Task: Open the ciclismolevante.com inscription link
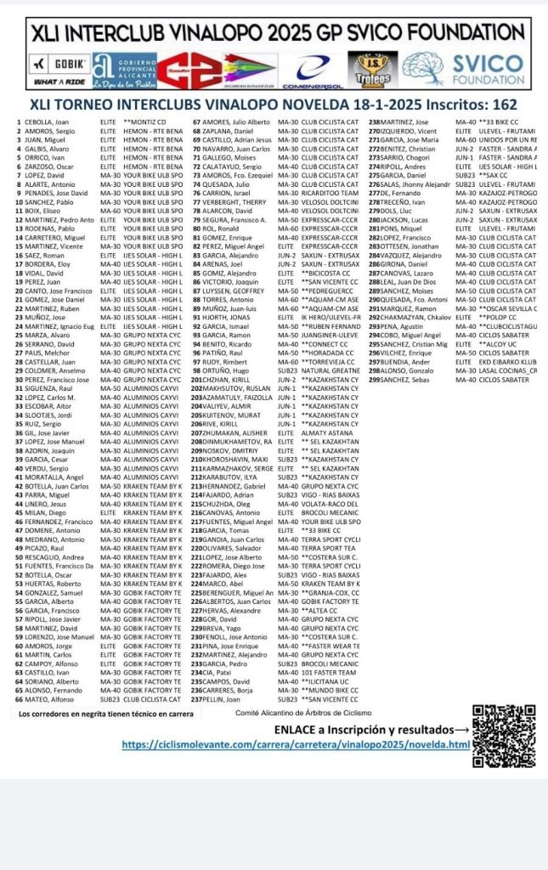point(296,744)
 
